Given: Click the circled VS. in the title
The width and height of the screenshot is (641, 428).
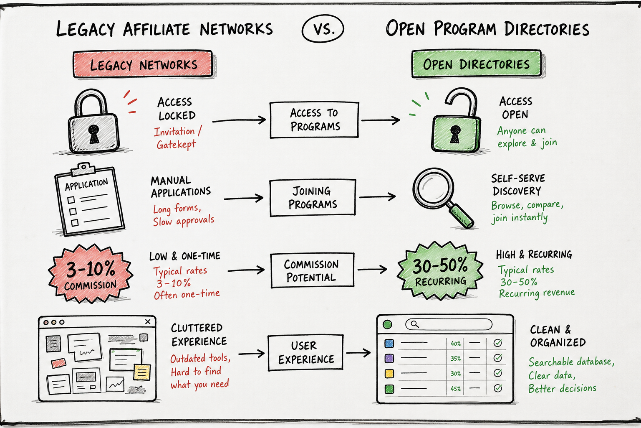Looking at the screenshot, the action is (323, 29).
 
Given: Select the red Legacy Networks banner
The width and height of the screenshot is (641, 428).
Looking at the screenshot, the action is (143, 64).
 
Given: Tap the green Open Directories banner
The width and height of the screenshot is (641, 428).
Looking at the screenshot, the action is (477, 64).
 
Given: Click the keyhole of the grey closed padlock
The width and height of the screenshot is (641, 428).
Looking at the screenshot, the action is (93, 134).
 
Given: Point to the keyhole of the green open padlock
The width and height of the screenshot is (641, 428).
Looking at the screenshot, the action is (455, 134).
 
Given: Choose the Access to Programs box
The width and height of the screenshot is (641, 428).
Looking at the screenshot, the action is (314, 120).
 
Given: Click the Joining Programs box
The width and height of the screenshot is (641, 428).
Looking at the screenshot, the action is (313, 198).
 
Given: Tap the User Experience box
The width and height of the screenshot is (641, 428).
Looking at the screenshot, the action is (305, 352).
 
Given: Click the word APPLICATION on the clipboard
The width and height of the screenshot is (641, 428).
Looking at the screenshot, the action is (86, 184).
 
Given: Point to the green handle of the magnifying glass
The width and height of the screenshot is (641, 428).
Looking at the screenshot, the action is (461, 215).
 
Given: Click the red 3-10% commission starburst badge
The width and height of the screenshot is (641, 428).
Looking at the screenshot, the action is (91, 274).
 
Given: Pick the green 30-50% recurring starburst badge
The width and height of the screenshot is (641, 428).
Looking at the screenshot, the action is (440, 271).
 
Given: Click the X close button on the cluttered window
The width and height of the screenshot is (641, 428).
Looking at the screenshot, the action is (148, 322).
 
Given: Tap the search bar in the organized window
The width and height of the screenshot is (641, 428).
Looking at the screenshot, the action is (449, 324).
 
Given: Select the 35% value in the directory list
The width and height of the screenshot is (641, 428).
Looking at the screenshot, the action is (456, 358).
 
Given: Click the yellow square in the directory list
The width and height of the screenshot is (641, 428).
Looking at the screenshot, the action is (389, 373).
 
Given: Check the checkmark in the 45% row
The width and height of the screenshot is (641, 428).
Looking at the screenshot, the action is (498, 388).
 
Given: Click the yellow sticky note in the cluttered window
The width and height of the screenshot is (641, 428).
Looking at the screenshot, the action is (142, 372).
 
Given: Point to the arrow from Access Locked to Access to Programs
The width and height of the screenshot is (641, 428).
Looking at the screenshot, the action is (239, 120).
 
